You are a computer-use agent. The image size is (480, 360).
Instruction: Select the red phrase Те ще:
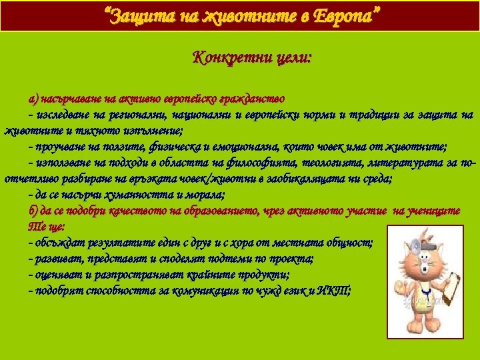[46, 227]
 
